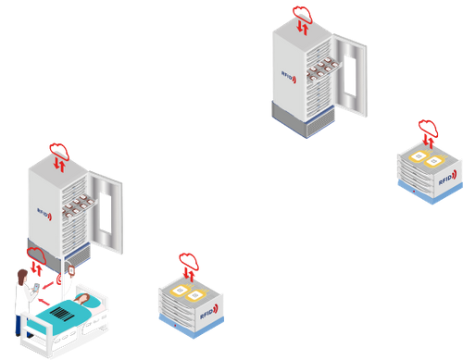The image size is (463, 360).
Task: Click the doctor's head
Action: (21, 275)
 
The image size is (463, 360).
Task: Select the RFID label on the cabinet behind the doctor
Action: (44, 209)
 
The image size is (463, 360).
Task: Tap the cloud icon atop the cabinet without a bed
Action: (303, 13)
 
